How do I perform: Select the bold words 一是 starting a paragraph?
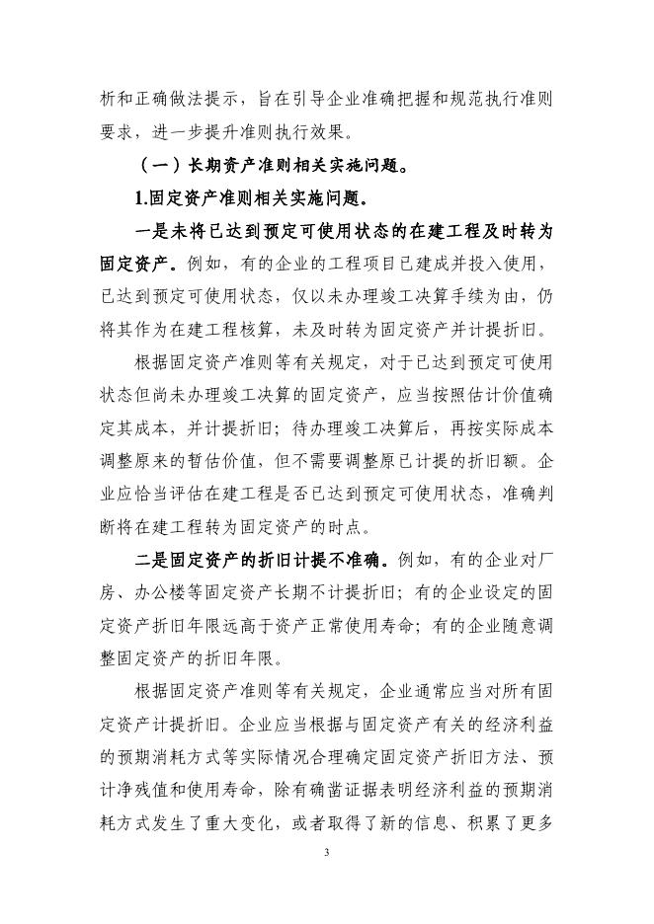pyautogui.click(x=153, y=231)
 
